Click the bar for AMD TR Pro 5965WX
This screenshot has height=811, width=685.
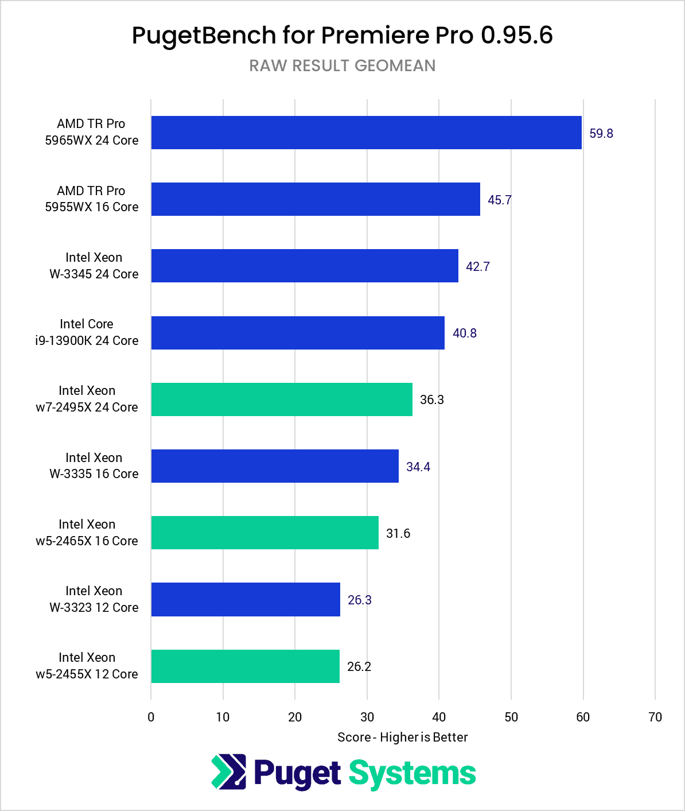pyautogui.click(x=366, y=133)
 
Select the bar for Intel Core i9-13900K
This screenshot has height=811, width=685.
pyautogui.click(x=298, y=333)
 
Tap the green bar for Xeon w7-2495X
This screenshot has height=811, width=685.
pyautogui.click(x=282, y=399)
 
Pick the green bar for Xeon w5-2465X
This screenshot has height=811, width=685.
pyautogui.click(x=264, y=533)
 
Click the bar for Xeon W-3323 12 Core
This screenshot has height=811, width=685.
pyautogui.click(x=246, y=600)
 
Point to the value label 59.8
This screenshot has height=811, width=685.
pyautogui.click(x=601, y=133)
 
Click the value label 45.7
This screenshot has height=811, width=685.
pyautogui.click(x=500, y=200)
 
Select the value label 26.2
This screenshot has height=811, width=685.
pyautogui.click(x=359, y=666)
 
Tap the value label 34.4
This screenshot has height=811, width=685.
pyautogui.click(x=418, y=467)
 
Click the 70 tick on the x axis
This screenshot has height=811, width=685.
pyautogui.click(x=655, y=717)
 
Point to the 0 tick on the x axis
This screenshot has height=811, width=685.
pyautogui.click(x=151, y=717)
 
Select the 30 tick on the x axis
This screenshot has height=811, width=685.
pyautogui.click(x=367, y=717)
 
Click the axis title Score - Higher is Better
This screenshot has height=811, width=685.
pyautogui.click(x=402, y=737)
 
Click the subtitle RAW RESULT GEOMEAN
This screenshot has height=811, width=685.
pyautogui.click(x=342, y=65)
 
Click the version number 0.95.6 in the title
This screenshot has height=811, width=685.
pyautogui.click(x=516, y=35)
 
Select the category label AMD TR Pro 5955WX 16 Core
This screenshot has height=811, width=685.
pyautogui.click(x=92, y=199)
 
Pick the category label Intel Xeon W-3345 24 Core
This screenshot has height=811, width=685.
pyautogui.click(x=94, y=265)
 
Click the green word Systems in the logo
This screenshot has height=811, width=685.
pyautogui.click(x=412, y=773)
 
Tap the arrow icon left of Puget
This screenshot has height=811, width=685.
pyautogui.click(x=228, y=771)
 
